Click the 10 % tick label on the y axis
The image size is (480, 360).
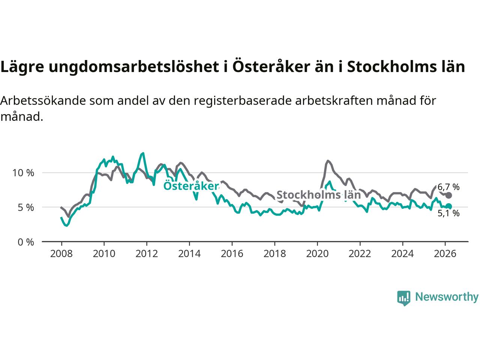point(23,173)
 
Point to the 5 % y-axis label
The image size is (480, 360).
point(25,207)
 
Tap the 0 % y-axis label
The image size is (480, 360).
point(25,242)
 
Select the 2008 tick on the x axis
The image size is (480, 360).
point(61,254)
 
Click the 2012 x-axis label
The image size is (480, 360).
point(147,254)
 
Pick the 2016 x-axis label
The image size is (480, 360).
point(232,254)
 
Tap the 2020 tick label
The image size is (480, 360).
point(317,254)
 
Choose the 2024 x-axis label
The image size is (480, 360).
point(402,254)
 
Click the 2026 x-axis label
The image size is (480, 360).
point(445,254)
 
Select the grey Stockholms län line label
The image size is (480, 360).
point(318,195)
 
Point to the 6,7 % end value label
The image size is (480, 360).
point(448,187)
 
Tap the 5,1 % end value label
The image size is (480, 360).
point(448,213)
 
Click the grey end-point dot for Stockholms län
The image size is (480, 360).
point(448,195)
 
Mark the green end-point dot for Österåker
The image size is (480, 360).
point(448,206)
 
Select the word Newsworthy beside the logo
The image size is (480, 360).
point(447,297)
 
